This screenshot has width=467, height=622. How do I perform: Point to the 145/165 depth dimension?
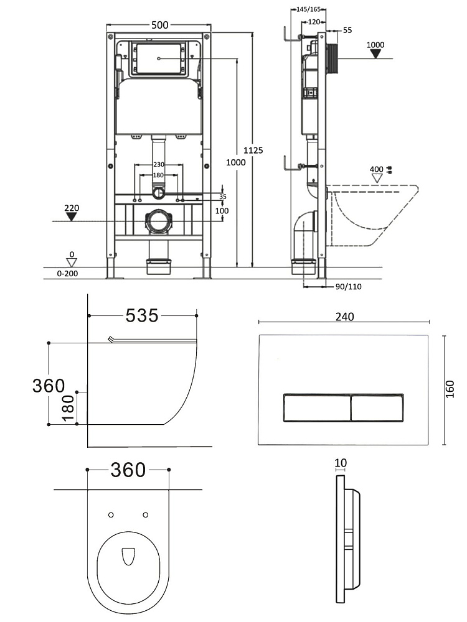pyautogui.click(x=305, y=9)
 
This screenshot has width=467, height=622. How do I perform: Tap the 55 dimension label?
pyautogui.click(x=347, y=30)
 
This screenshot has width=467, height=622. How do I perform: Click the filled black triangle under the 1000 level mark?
pyautogui.click(x=375, y=54)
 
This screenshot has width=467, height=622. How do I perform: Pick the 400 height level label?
pyautogui.click(x=376, y=169)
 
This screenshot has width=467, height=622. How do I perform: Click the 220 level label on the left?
pyautogui.click(x=72, y=208)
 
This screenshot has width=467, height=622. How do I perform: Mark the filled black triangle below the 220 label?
pyautogui.click(x=72, y=217)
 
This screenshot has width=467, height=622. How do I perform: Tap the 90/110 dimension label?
pyautogui.click(x=349, y=286)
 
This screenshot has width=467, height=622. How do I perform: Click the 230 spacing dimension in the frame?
pyautogui.click(x=159, y=164)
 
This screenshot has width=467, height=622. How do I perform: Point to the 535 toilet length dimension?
pyautogui.click(x=142, y=316)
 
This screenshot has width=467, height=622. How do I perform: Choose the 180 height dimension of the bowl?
pyautogui.click(x=67, y=409)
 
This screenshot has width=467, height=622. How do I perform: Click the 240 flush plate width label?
pyautogui.click(x=344, y=317)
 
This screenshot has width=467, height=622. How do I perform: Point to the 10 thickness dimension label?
pyautogui.click(x=340, y=463)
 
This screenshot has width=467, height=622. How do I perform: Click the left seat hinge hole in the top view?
pyautogui.click(x=111, y=514)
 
